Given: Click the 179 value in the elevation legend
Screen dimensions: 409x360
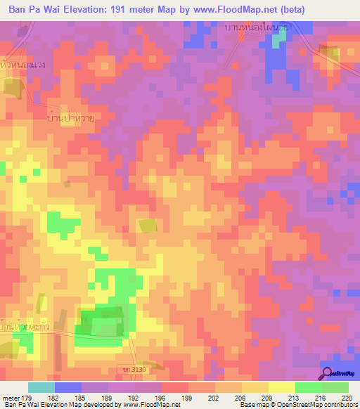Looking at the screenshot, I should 27,398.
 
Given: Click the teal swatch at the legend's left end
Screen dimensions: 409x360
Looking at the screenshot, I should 41,387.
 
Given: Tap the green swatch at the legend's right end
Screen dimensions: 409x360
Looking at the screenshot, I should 335,387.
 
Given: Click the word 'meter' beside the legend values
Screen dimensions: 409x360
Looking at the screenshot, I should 11,398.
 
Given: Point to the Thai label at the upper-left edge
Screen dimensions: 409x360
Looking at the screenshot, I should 23,66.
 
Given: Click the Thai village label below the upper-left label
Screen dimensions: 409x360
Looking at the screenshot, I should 69,117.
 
